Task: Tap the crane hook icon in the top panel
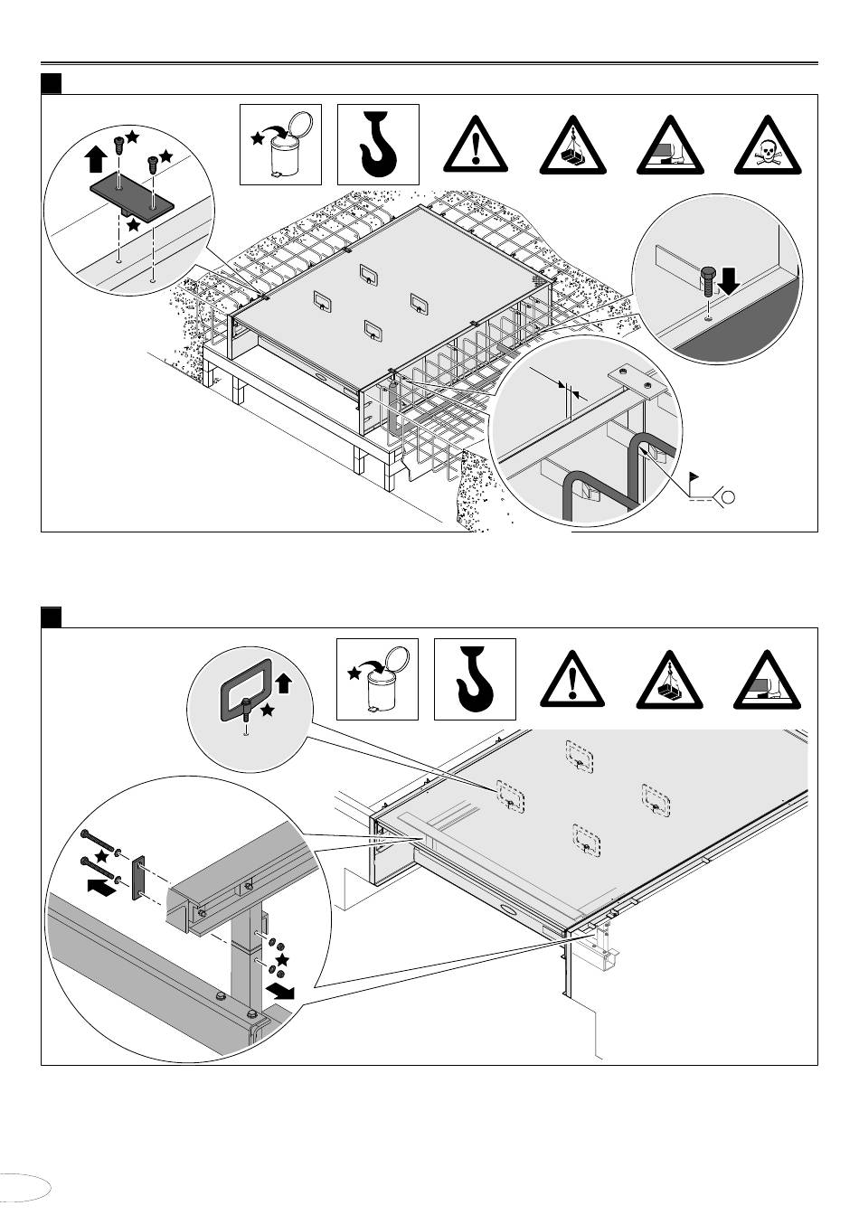point(378,146)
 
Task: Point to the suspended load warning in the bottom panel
point(671,680)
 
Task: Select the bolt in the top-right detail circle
point(709,280)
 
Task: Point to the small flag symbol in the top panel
point(694,474)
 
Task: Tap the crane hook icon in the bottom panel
point(475,679)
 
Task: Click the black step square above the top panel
point(51,84)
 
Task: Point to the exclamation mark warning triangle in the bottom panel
point(573,680)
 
